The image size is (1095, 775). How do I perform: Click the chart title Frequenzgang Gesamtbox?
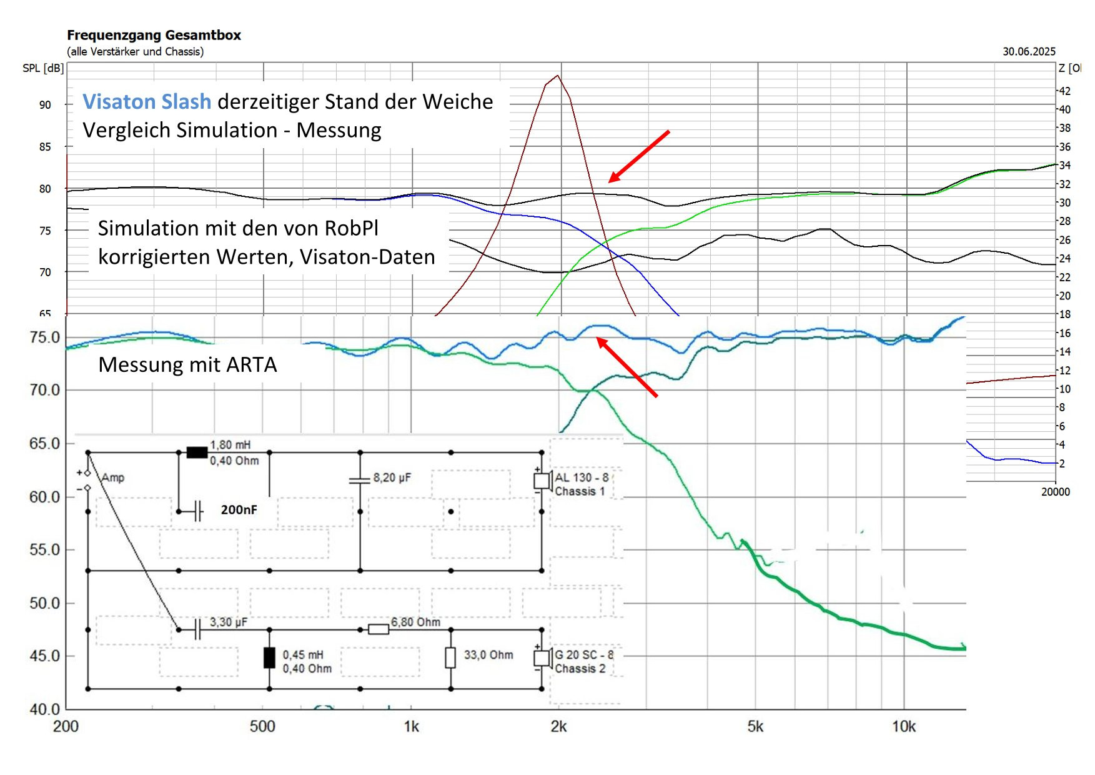154,35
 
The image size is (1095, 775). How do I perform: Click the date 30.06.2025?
1029,51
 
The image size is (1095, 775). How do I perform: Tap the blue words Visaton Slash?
147,101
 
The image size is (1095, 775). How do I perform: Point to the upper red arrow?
638,156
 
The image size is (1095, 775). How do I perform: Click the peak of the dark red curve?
557,76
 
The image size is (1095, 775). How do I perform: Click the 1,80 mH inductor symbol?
197,452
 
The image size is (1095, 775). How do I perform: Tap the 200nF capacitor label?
239,510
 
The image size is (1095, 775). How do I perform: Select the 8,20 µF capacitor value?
392,477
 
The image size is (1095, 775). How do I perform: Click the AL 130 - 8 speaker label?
582,477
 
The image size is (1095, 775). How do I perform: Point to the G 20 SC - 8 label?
583,655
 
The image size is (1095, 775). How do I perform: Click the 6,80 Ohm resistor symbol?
379,629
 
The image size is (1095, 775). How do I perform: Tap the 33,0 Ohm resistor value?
488,655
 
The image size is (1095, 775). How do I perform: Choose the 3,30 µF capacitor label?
228,622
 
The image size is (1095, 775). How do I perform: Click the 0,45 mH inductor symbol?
269,658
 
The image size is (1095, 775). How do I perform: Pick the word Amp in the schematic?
113,477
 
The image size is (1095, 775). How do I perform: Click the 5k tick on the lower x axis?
755,726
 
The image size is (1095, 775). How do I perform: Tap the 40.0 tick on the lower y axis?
44,709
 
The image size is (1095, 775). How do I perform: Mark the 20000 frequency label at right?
1055,492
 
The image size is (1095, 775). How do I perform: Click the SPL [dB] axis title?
43,68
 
